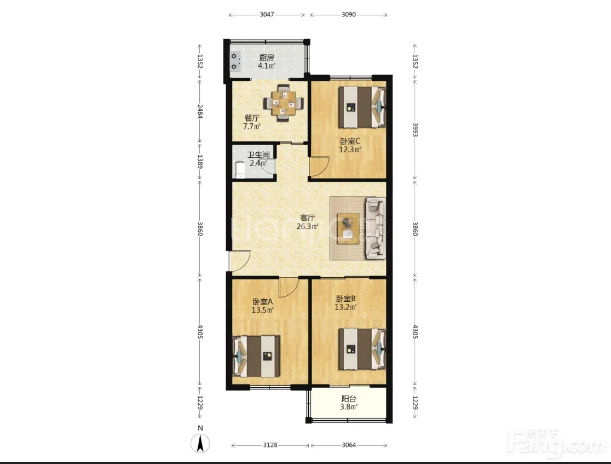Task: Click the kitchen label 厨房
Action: coord(267,58)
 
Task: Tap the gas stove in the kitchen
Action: coord(234,61)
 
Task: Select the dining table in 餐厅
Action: coord(284,104)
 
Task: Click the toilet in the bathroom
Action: coord(240,170)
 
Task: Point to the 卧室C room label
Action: coord(350,141)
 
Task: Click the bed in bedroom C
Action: coord(362,107)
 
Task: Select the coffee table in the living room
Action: coord(348,228)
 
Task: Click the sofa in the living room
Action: coord(376,228)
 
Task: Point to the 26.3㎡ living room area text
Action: coord(308,226)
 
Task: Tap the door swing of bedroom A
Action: coord(289,288)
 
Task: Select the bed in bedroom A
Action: coord(256,356)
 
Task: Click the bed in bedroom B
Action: coord(362,349)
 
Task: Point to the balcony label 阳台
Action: coord(349,399)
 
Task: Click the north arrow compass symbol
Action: coord(200,443)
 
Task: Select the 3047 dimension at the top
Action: coord(267,15)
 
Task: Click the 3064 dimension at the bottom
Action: coord(349,445)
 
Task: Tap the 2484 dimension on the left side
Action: coord(200,111)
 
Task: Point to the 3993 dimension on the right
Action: coord(414,129)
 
